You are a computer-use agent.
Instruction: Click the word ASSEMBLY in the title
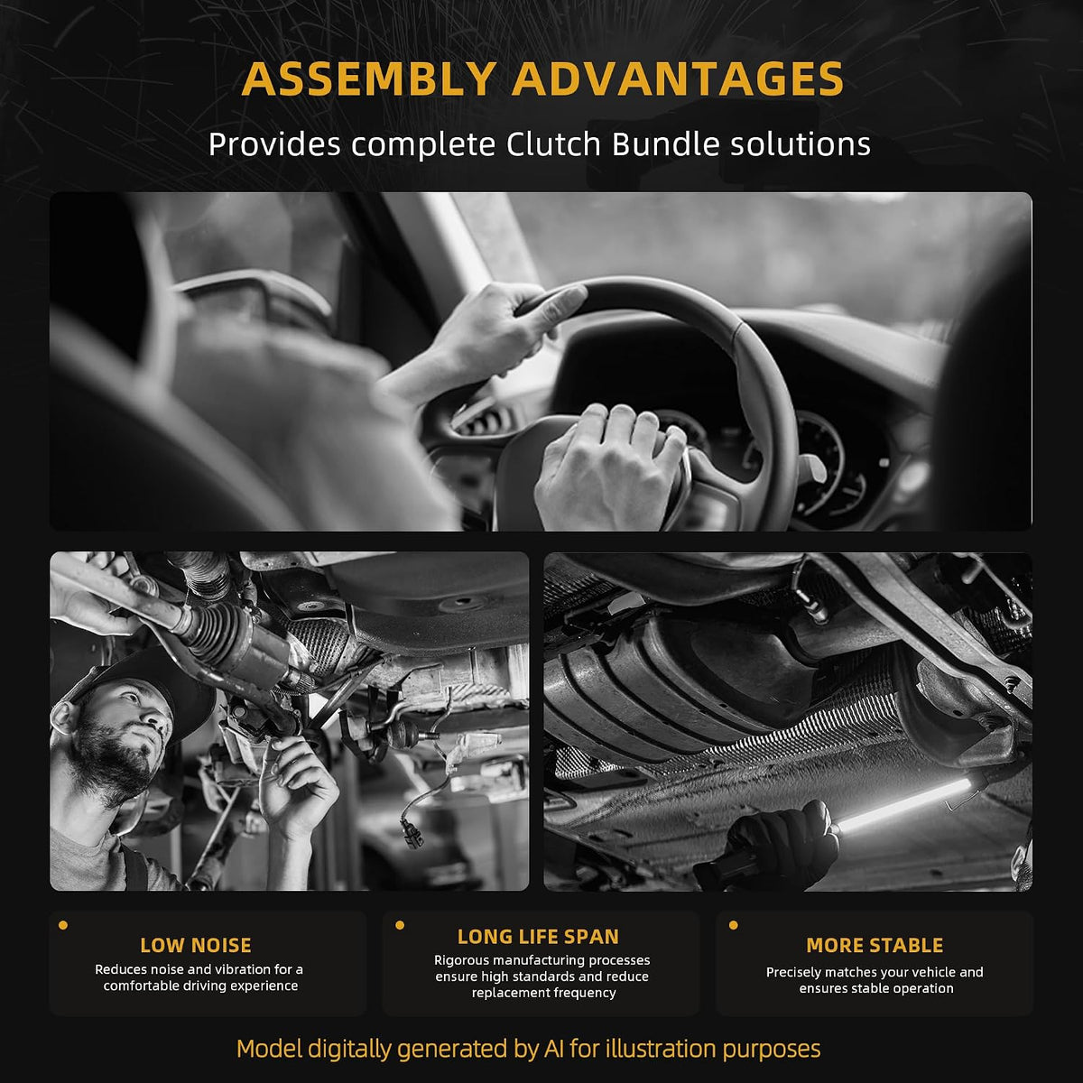point(369,79)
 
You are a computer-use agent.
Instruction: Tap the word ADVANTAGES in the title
point(677,79)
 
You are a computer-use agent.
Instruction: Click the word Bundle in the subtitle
point(665,143)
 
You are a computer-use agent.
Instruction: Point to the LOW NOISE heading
point(196,945)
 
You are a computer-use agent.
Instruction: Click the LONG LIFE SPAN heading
point(538,937)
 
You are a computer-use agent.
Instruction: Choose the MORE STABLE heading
point(875,945)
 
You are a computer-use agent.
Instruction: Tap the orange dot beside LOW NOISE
point(63,925)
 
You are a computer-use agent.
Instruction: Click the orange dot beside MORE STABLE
point(734,925)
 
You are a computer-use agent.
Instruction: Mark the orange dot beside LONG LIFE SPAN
point(400,925)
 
